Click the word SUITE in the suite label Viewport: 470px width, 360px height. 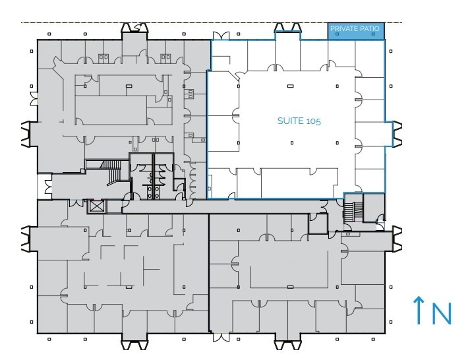click(x=288, y=122)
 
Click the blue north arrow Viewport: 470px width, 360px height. click(x=418, y=311)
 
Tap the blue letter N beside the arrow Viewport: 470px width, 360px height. click(x=442, y=314)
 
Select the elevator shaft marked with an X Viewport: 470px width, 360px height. click(x=96, y=206)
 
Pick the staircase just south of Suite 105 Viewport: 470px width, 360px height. click(x=350, y=211)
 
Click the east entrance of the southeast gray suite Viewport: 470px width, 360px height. click(x=397, y=238)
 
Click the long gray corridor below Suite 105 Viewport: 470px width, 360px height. click(x=264, y=206)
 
